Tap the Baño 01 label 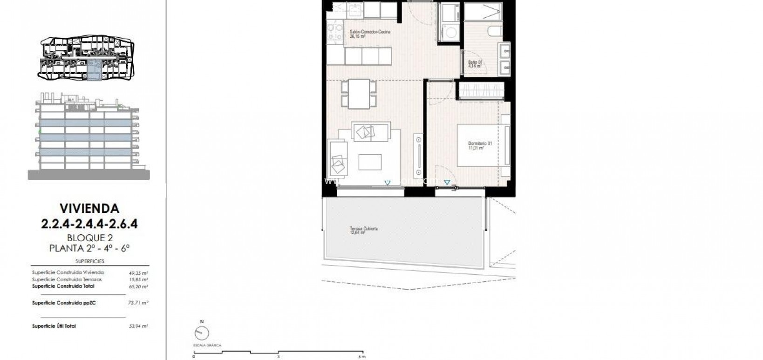click(475, 64)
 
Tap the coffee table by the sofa click(370, 162)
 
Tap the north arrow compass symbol click(202, 333)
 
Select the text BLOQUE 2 click(89, 238)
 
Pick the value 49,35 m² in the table click(138, 272)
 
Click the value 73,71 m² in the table click(138, 303)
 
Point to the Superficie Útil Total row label click(54, 326)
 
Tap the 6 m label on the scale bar click(362, 357)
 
